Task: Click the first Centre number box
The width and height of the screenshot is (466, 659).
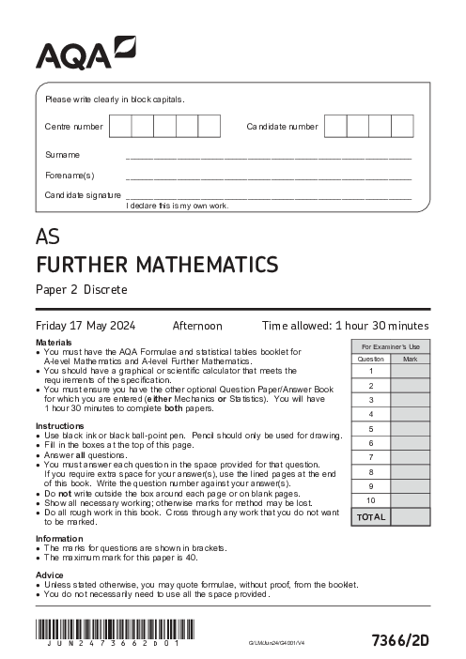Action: coord(120,126)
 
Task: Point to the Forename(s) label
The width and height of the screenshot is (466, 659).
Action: coord(70,175)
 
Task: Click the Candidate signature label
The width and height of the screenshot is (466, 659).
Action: coord(83,194)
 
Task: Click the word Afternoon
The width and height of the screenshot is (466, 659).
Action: coord(197,326)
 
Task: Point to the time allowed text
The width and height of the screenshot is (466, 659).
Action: coord(345,326)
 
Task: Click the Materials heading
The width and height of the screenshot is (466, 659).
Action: coord(54,343)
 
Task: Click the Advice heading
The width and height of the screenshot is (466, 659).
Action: coord(50,574)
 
